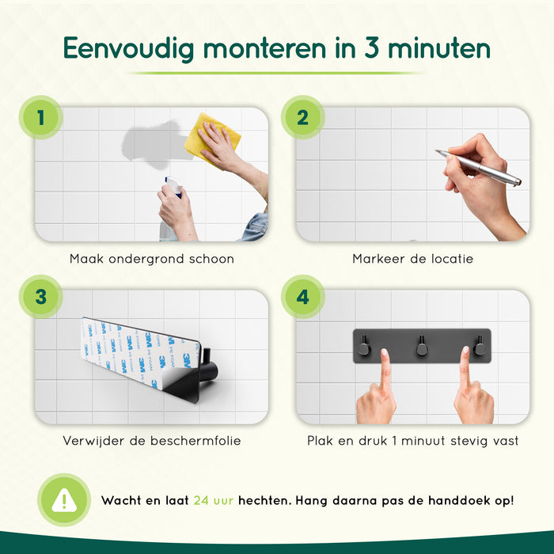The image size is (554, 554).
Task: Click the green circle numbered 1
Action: pyautogui.click(x=39, y=117)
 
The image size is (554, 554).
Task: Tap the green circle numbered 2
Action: pyautogui.click(x=302, y=117)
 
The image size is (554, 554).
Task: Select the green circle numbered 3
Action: pyautogui.click(x=39, y=297)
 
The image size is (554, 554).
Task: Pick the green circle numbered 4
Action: pyautogui.click(x=302, y=297)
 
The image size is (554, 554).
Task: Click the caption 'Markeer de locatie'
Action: pyautogui.click(x=412, y=259)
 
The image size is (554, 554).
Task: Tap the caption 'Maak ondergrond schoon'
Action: pyautogui.click(x=151, y=259)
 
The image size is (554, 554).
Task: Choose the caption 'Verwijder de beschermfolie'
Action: pyautogui.click(x=151, y=440)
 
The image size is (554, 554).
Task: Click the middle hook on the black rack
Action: pyautogui.click(x=421, y=345)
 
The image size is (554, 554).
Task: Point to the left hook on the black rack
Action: pyautogui.click(x=363, y=345)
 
